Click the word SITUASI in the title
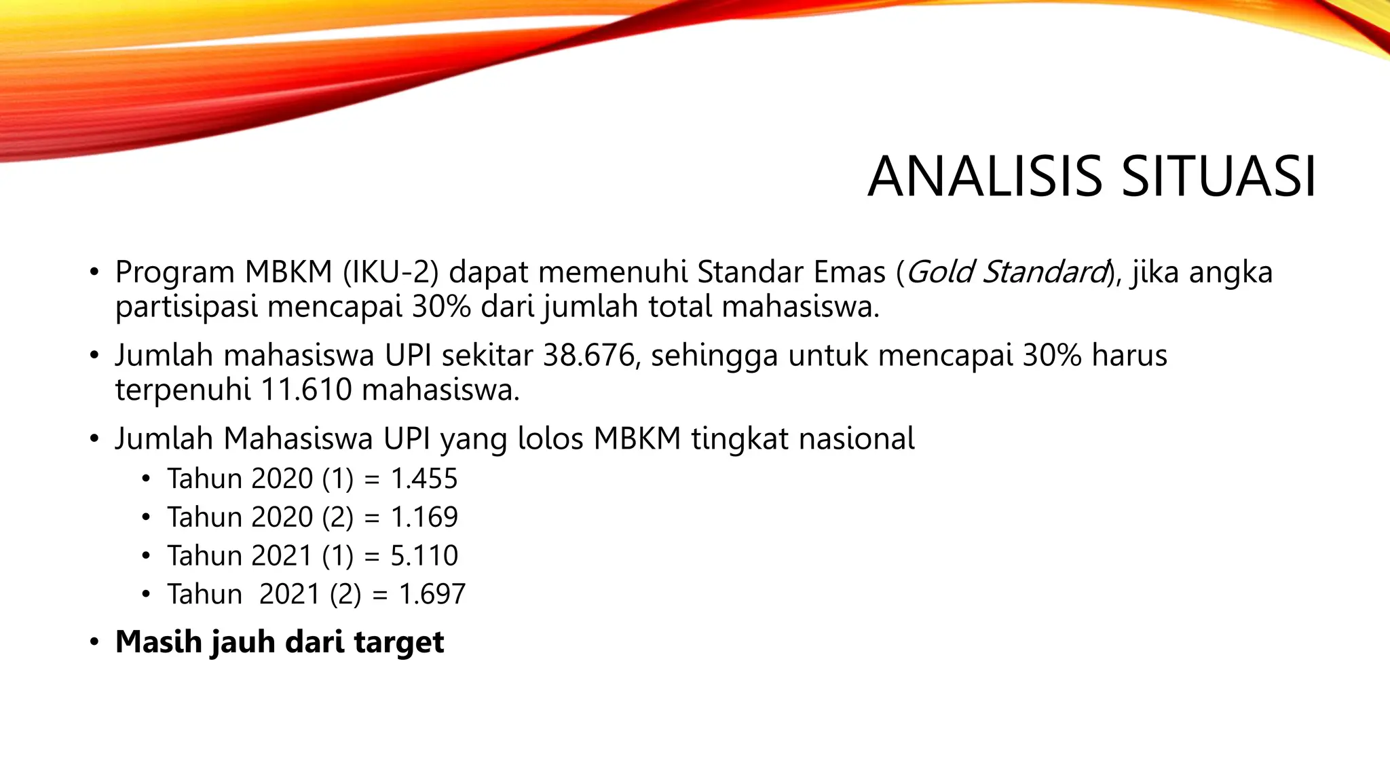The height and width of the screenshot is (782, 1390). tap(1218, 177)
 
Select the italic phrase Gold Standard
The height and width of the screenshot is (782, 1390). tap(1007, 272)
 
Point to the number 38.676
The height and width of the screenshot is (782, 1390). tap(588, 356)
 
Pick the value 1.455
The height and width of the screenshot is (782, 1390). tap(424, 479)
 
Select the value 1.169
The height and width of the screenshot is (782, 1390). tap(424, 517)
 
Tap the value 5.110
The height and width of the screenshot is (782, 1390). tap(424, 556)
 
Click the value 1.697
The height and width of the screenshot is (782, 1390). tap(432, 595)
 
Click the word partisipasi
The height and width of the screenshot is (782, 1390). tap(187, 308)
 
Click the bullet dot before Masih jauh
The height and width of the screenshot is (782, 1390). tap(94, 642)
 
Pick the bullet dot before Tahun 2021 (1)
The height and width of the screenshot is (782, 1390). tap(145, 557)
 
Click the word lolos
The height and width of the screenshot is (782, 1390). tap(550, 439)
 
